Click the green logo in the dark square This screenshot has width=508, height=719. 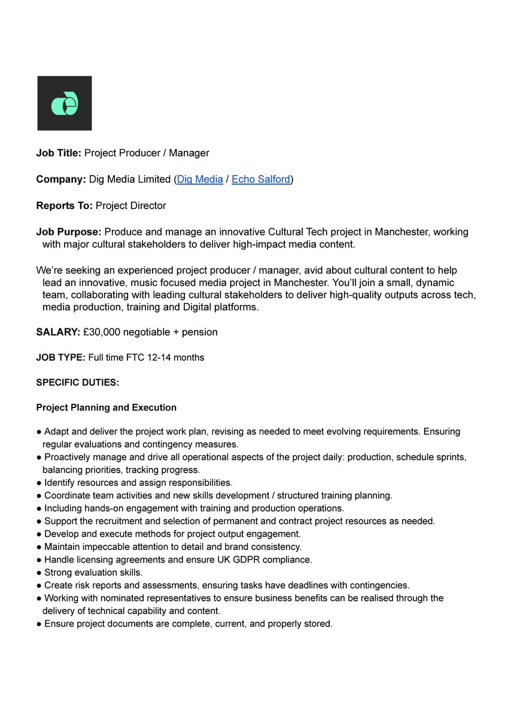click(65, 103)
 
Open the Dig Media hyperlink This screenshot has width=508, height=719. click(200, 179)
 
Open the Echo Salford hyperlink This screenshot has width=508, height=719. click(261, 179)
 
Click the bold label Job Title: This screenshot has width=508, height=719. click(59, 153)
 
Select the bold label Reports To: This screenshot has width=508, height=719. click(64, 206)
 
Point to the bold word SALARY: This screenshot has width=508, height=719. click(58, 332)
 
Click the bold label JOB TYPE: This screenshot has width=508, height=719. click(60, 358)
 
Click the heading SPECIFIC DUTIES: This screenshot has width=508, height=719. click(77, 382)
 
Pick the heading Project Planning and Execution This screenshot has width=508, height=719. click(106, 407)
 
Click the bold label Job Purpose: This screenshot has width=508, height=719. click(68, 232)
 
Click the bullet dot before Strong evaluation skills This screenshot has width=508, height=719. click(39, 573)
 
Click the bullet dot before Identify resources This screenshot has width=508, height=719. click(39, 483)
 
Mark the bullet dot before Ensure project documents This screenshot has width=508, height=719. click(39, 624)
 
